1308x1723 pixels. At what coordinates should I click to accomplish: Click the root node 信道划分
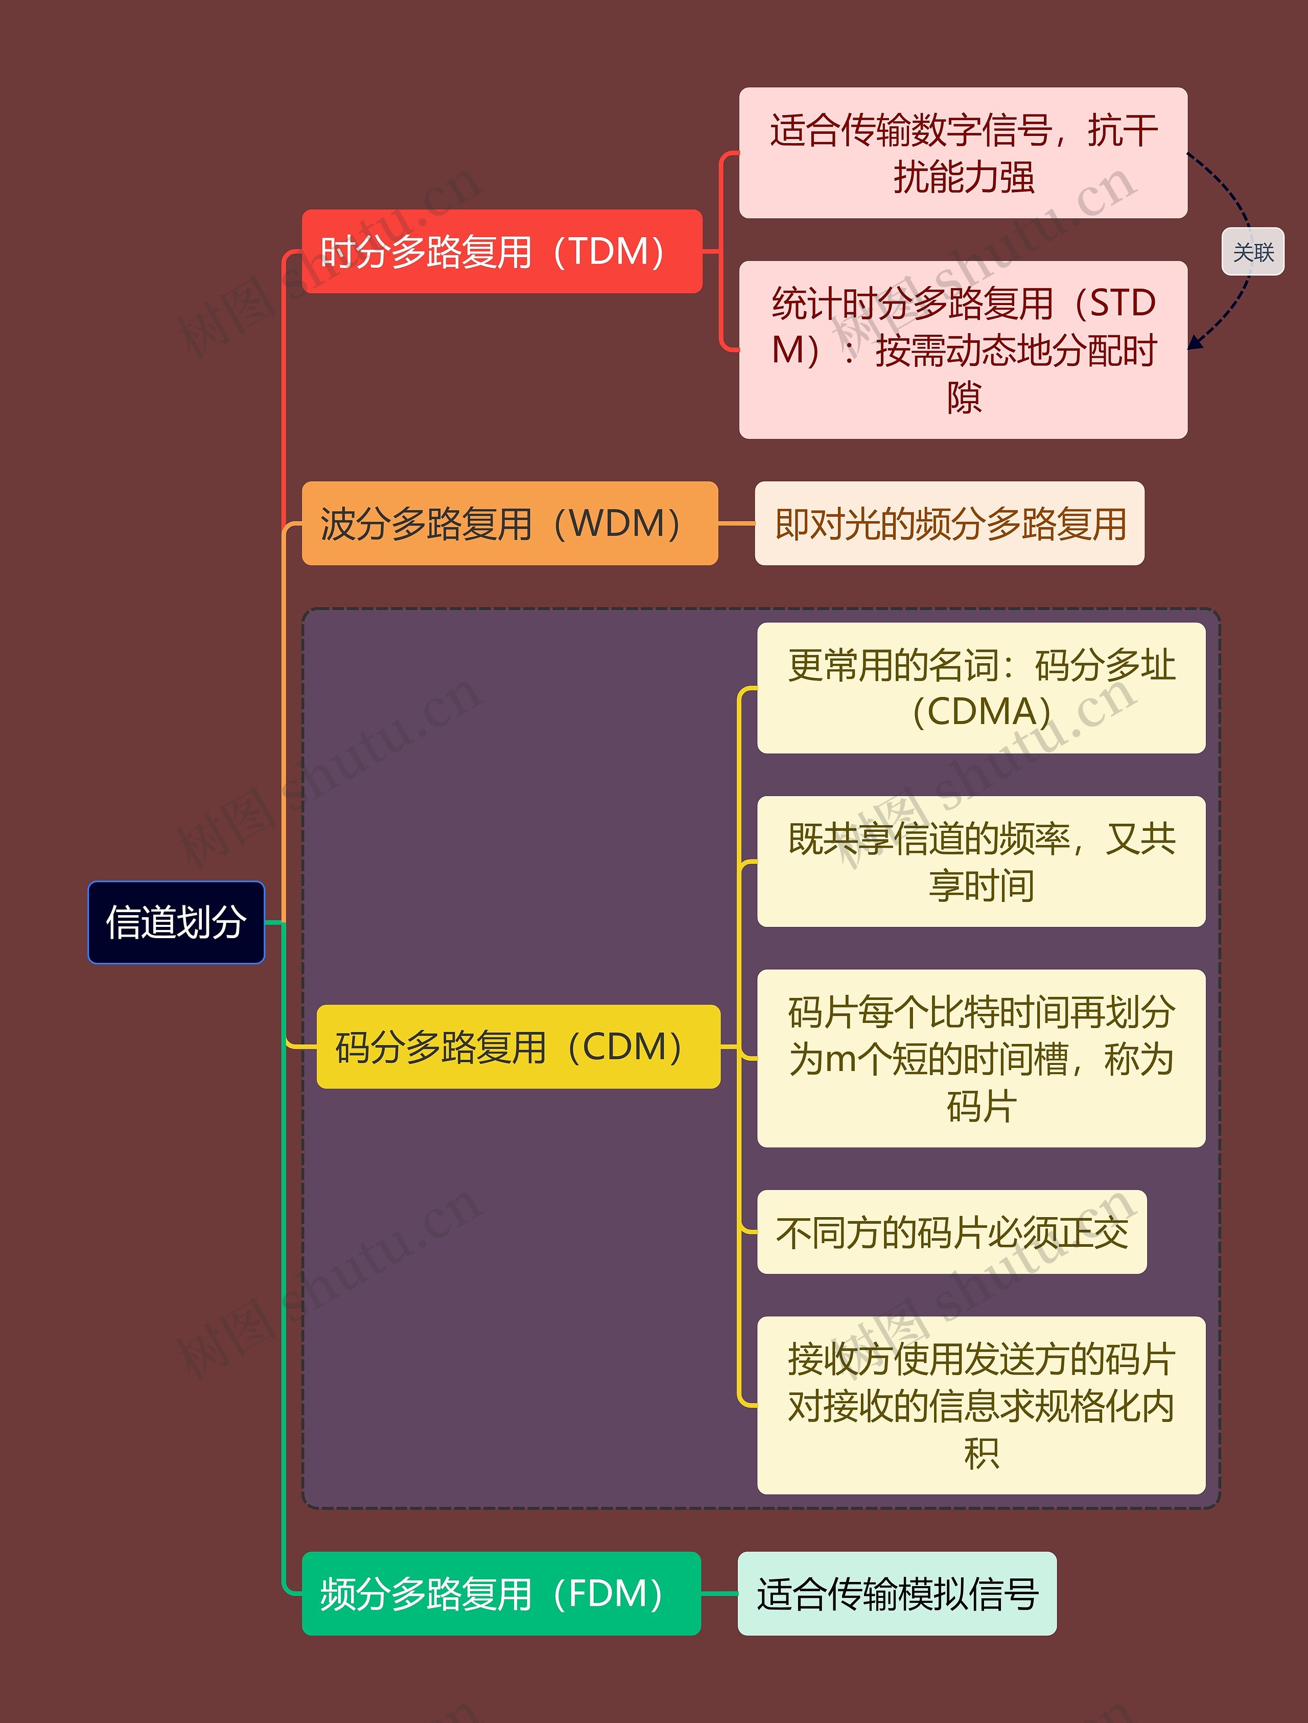point(176,922)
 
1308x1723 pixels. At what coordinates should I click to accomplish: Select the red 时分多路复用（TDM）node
point(502,251)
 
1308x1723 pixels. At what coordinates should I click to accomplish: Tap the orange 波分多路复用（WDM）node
point(509,523)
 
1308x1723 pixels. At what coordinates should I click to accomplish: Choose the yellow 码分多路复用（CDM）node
point(518,1047)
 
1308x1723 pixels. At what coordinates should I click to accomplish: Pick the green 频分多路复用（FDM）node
point(501,1594)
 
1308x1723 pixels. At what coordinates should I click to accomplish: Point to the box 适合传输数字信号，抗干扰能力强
point(963,153)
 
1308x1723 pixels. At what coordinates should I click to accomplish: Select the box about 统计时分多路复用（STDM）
point(963,350)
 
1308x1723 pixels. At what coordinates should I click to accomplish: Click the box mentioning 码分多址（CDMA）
point(981,688)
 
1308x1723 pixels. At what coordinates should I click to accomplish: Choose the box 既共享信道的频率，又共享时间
point(981,862)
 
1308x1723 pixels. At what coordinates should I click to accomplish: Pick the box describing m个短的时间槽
point(981,1059)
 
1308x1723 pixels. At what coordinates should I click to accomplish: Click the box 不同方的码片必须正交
point(951,1232)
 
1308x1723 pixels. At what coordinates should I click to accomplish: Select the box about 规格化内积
point(981,1405)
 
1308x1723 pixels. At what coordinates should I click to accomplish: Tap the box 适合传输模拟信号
point(897,1594)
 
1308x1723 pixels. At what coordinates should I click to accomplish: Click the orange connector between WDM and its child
point(736,523)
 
